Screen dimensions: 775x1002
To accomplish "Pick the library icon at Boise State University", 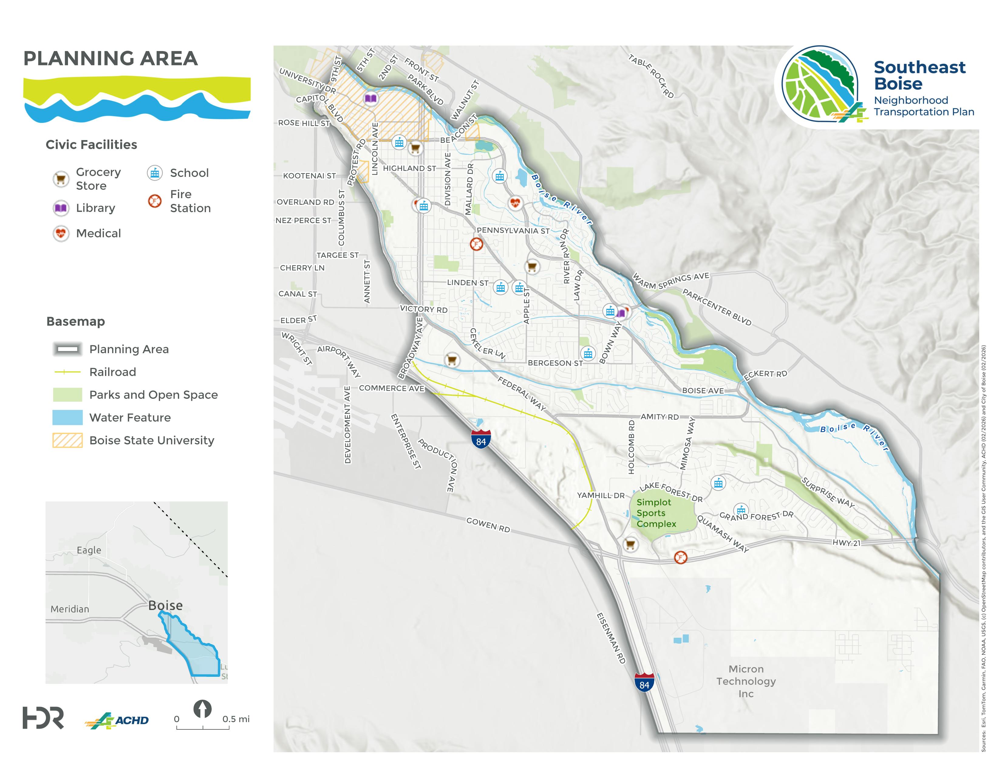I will pos(371,98).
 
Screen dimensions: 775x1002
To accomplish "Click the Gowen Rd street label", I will pos(488,525).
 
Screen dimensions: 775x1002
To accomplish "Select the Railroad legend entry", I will pos(112,372).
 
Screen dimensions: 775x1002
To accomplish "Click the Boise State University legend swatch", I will pos(67,440).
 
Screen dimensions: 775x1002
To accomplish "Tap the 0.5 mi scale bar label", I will pos(236,719).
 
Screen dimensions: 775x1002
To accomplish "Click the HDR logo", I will pos(43,718).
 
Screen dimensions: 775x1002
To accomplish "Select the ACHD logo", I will pos(117,720).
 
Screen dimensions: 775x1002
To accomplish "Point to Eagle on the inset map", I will pos(89,550).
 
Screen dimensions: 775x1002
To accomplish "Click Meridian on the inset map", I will pos(70,609).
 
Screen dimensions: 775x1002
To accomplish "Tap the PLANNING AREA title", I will pos(111,59).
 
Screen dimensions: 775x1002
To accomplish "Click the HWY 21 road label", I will pos(847,543).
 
